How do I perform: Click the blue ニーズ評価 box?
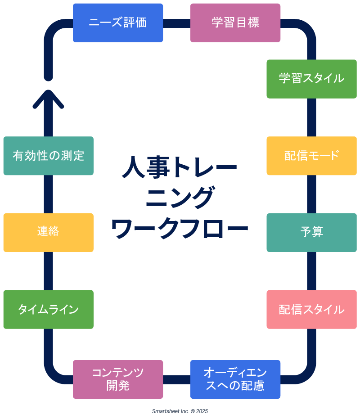[x=118, y=23]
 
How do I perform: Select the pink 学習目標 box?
[x=235, y=23]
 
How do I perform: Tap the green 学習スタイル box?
[x=311, y=79]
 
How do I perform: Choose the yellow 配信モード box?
[x=311, y=156]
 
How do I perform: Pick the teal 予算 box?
[x=311, y=232]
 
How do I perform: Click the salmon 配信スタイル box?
[x=311, y=309]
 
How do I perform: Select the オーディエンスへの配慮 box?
[x=235, y=379]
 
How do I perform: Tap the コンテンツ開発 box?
[x=118, y=379]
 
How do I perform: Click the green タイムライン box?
[x=48, y=309]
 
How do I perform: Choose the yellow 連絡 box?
[x=48, y=232]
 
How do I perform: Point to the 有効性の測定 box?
[x=48, y=156]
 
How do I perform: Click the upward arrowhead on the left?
[x=48, y=98]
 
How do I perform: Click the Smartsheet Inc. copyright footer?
[x=180, y=411]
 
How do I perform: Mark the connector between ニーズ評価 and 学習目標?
[x=176, y=23]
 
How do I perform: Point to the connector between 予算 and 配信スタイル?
[x=311, y=270]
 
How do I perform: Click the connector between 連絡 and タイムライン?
[x=48, y=270]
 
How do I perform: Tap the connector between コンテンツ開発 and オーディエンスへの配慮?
[x=176, y=379]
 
